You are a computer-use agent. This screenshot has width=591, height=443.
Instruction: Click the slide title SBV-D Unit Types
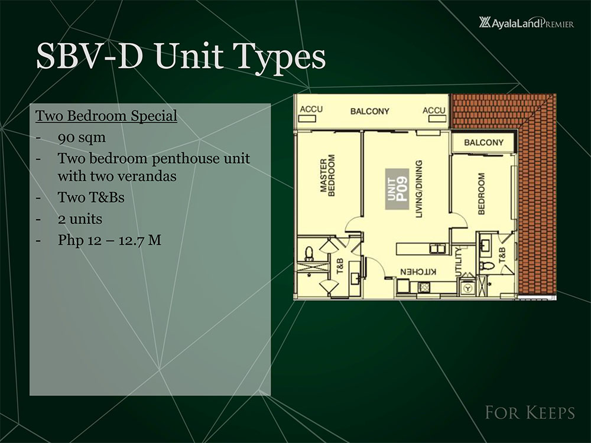pyautogui.click(x=181, y=58)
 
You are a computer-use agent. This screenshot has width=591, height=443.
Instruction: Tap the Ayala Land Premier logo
pyautogui.click(x=527, y=24)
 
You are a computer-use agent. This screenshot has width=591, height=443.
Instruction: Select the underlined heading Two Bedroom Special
pyautogui.click(x=106, y=116)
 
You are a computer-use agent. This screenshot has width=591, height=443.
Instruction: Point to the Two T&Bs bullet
pyautogui.click(x=91, y=197)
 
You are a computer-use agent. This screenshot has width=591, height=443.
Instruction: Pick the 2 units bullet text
pyautogui.click(x=80, y=219)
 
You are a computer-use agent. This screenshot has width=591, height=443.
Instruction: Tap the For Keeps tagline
pyautogui.click(x=529, y=412)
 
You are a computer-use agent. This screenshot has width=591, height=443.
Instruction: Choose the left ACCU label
pyautogui.click(x=311, y=110)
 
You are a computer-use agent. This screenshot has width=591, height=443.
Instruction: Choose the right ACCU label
pyautogui.click(x=434, y=110)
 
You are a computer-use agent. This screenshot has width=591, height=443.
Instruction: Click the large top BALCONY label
pyautogui.click(x=369, y=111)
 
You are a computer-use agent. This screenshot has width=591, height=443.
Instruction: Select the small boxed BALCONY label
pyautogui.click(x=483, y=142)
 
